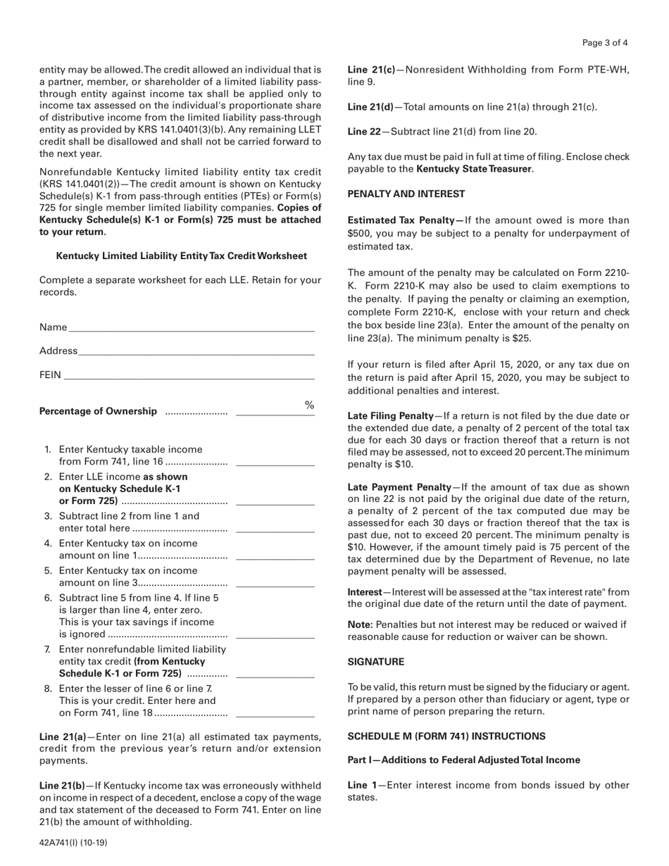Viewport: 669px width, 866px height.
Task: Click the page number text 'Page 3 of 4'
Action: (x=605, y=43)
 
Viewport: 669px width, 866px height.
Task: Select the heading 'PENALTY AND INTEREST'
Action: (x=406, y=194)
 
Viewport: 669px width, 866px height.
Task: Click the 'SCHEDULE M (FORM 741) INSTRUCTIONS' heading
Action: (x=446, y=736)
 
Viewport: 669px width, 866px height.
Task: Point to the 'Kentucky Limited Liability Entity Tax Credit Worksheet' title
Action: (x=181, y=256)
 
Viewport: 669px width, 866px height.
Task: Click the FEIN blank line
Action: (x=189, y=375)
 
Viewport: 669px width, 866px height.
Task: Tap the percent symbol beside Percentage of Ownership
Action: (x=308, y=405)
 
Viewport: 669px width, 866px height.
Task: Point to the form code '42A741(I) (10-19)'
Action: (x=73, y=841)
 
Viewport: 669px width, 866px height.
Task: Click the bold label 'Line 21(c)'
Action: (x=371, y=70)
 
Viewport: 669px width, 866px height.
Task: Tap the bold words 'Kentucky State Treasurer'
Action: (x=474, y=169)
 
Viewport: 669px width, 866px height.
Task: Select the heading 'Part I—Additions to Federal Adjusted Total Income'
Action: (x=464, y=760)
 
